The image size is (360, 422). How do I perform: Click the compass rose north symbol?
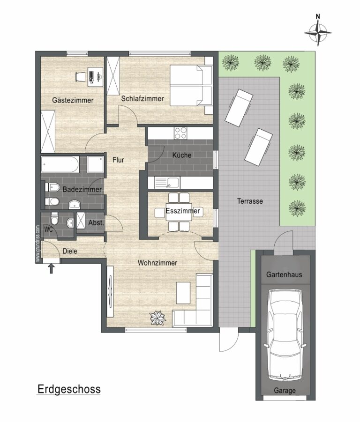[x=318, y=31]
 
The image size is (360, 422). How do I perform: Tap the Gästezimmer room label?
[x=73, y=100]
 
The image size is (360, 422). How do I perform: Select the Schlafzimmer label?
[x=142, y=99]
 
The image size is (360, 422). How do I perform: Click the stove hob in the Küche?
[x=180, y=133]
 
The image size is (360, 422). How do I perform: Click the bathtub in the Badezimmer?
[x=60, y=164]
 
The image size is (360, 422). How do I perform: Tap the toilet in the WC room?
[x=55, y=218]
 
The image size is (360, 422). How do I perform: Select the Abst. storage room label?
[x=96, y=223]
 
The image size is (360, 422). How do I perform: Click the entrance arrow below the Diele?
[x=52, y=268]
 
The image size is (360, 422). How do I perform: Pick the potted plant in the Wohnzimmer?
[x=157, y=318]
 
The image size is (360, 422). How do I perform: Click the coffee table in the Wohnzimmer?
[x=183, y=293]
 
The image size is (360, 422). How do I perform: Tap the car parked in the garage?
[x=285, y=335]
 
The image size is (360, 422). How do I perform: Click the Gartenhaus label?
[x=284, y=275]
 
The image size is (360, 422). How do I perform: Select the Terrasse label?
[x=250, y=201]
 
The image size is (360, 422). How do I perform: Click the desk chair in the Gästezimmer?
[x=80, y=76]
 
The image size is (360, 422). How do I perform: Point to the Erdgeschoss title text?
[x=69, y=389]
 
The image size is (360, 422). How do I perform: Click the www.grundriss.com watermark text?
[x=38, y=244]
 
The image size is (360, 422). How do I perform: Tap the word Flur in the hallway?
[x=118, y=160]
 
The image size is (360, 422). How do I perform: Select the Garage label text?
[x=285, y=390]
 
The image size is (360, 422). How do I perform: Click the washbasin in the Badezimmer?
[x=75, y=205]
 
